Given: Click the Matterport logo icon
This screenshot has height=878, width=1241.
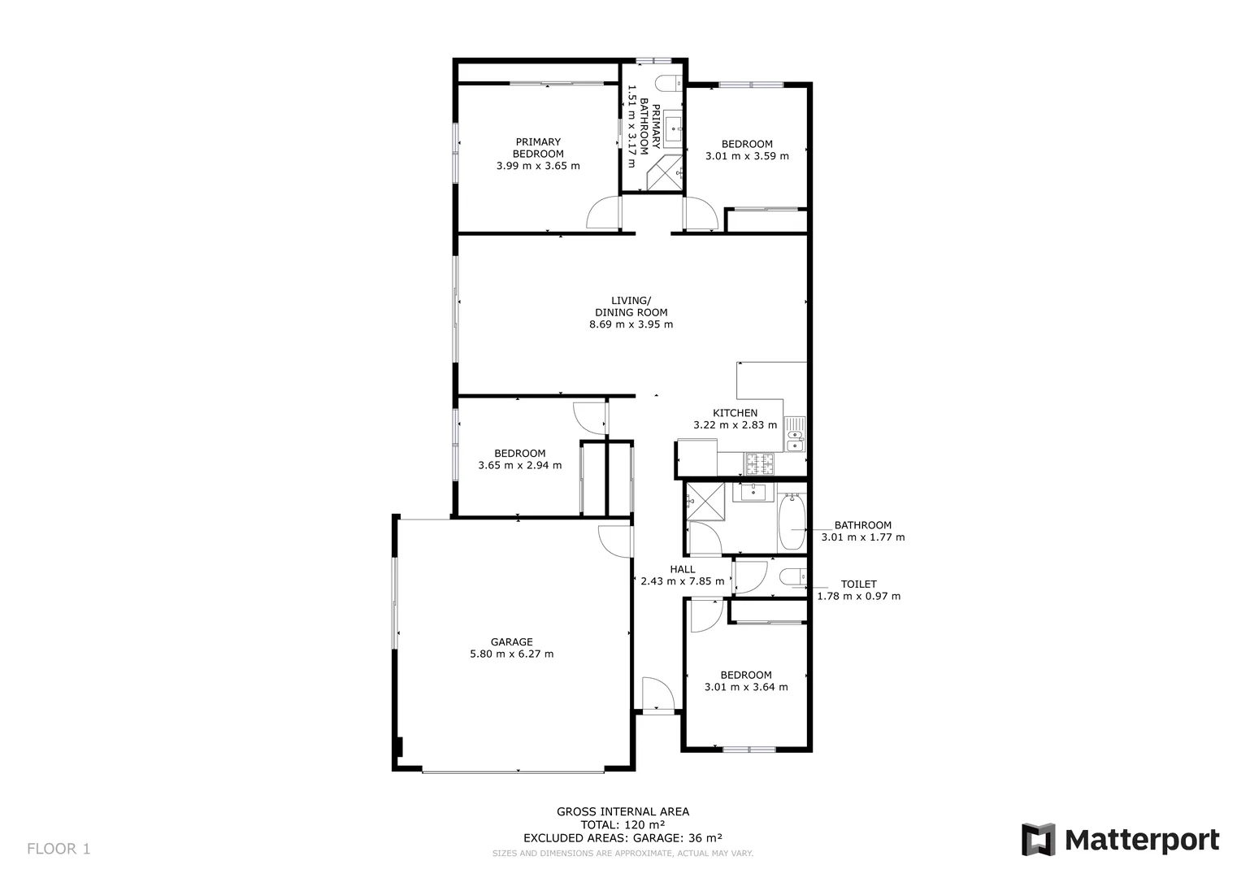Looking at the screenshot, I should (1038, 840).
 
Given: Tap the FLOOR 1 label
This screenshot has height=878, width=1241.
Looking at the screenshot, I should (59, 850).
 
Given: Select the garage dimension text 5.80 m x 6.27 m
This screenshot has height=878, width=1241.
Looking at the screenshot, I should (511, 654).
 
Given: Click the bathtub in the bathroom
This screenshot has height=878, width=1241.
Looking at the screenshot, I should (791, 520).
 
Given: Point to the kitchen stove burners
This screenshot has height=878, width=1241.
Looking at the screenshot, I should (760, 464).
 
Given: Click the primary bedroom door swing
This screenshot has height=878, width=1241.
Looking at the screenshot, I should (602, 212).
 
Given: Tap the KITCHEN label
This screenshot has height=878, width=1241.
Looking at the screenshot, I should (735, 413).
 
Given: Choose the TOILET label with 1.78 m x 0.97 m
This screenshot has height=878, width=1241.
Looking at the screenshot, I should (858, 590).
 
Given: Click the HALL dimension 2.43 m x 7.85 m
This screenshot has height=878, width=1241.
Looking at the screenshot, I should (682, 581).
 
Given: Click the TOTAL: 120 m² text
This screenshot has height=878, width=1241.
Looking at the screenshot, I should (623, 824).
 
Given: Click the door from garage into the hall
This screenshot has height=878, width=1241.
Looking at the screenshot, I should (615, 541).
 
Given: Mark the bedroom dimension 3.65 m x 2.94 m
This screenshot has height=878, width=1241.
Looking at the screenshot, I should (519, 466).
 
